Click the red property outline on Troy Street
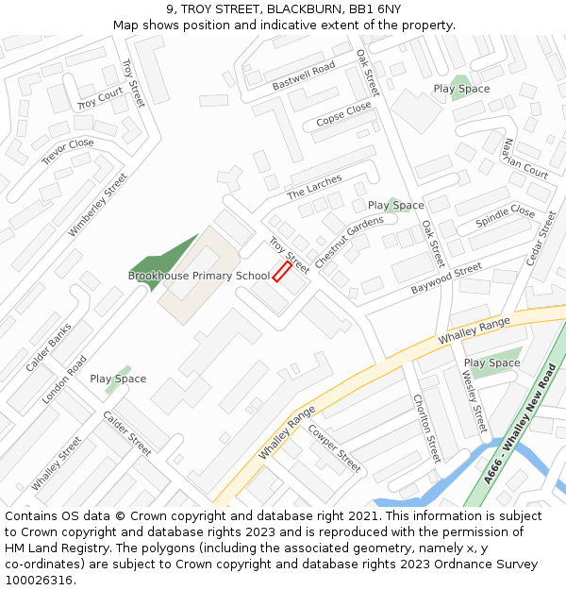point(282,272)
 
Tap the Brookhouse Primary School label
point(199,276)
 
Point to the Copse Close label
point(343,115)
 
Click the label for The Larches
point(314,187)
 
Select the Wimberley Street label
point(97,205)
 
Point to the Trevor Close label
point(68,152)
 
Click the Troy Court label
point(100,98)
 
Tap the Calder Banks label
point(48,347)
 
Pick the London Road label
point(64,379)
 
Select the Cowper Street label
point(334,449)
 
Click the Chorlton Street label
point(426,428)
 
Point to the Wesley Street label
point(474,399)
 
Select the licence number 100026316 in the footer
point(39,580)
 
